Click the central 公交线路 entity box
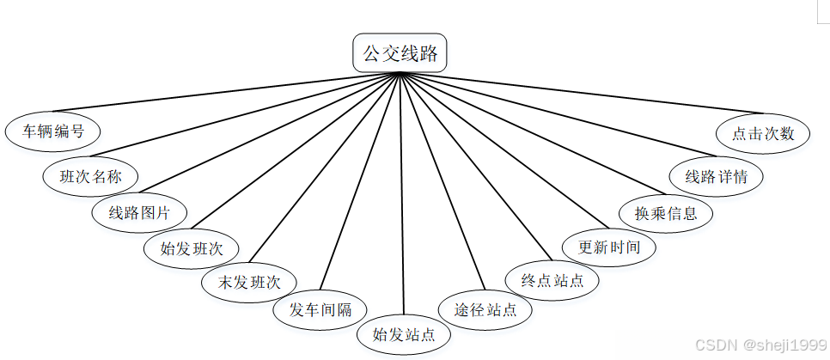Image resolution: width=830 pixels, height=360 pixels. pyautogui.click(x=400, y=54)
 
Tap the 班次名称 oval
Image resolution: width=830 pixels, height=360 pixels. pyautogui.click(x=90, y=177)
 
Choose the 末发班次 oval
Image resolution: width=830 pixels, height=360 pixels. pyautogui.click(x=250, y=281)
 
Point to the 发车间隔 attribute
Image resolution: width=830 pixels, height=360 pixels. pyautogui.click(x=320, y=310)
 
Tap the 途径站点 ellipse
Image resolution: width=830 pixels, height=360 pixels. pyautogui.click(x=479, y=309)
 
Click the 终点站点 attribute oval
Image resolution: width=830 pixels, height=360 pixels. pyautogui.click(x=551, y=280)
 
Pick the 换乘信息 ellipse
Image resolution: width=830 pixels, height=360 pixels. pyautogui.click(x=666, y=212)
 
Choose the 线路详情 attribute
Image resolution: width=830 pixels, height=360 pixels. pyautogui.click(x=716, y=177)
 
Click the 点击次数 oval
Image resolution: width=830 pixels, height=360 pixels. pyautogui.click(x=763, y=134)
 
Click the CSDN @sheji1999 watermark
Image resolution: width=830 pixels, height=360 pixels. pyautogui.click(x=760, y=345)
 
